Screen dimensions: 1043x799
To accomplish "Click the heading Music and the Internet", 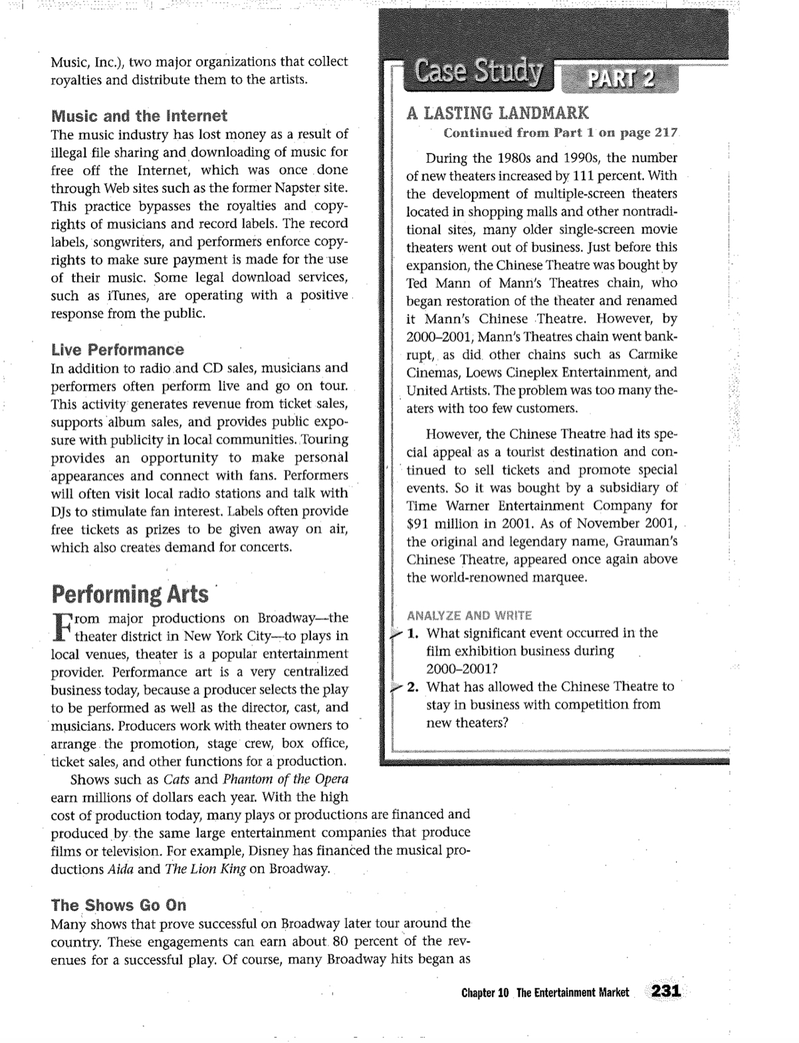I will [139, 116].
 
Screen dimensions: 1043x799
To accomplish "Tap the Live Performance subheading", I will [118, 350].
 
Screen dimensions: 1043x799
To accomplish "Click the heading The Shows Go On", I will [118, 905].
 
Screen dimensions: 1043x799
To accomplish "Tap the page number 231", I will [666, 991].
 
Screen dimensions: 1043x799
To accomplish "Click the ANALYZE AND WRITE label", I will [469, 615].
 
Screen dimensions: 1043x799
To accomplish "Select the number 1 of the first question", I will [412, 633].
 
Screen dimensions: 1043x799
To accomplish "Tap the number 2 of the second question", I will [412, 687].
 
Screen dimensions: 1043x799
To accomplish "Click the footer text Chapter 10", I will [485, 992].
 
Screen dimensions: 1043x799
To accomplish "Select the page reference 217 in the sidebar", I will [665, 132].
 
